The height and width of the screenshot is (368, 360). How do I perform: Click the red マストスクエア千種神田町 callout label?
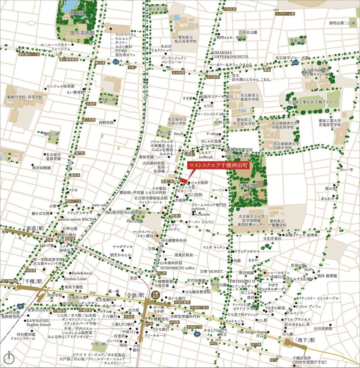pos(218,165)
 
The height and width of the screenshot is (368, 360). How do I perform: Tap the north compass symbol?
pos(8,357)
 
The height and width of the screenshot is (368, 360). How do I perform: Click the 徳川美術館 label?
pos(82,33)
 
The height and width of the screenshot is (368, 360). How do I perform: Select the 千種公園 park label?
pos(247,186)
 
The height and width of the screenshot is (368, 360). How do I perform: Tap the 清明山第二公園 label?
pos(342,23)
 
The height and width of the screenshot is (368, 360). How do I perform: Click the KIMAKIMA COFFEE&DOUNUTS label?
pos(230,55)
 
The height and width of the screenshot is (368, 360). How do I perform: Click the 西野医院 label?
pos(106,123)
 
